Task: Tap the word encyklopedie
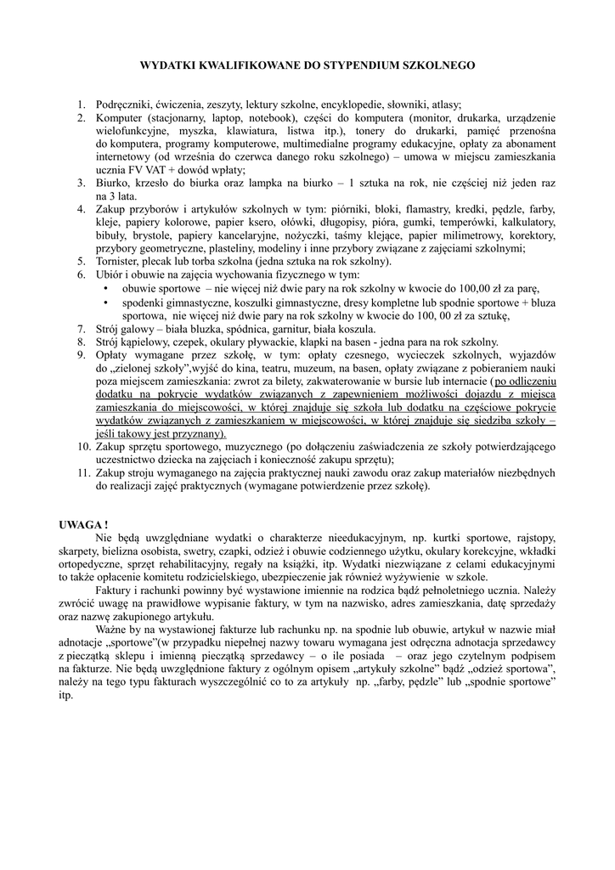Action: (356, 105)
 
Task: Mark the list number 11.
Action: (83, 473)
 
